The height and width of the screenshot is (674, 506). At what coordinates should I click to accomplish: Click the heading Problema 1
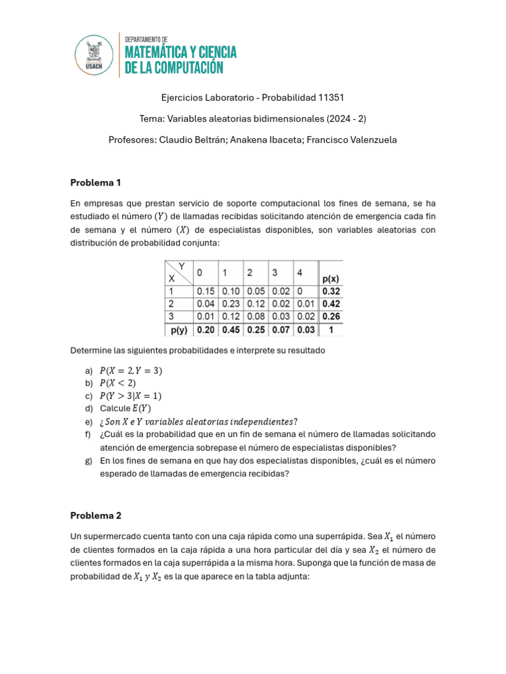[96, 182]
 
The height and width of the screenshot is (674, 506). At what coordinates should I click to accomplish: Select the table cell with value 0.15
[206, 291]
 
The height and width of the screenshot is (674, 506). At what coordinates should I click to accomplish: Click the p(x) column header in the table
[331, 278]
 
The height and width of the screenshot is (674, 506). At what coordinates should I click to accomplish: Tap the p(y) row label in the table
[179, 329]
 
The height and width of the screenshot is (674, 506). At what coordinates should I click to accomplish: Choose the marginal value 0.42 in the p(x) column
[331, 303]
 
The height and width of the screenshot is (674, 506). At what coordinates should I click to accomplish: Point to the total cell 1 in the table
[331, 329]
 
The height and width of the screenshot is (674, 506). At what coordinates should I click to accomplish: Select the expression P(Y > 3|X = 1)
[130, 396]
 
